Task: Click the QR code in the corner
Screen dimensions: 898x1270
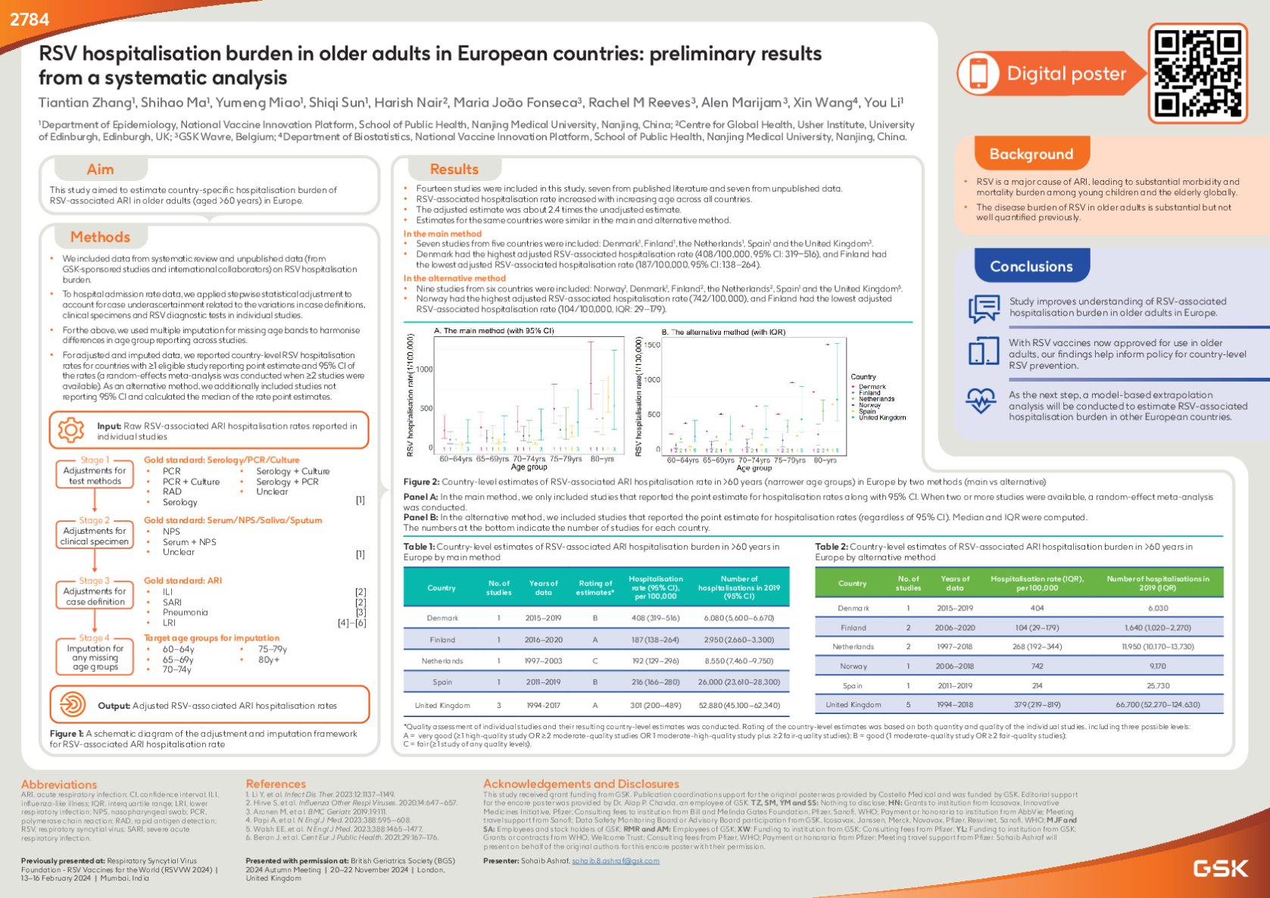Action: pos(1197,73)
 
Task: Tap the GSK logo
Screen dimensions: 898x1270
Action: pos(1220,868)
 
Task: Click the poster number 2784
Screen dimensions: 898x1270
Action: pos(30,20)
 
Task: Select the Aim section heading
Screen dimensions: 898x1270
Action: pos(100,170)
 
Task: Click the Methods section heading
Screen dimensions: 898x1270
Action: pos(100,237)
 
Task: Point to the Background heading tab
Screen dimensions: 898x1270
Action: pos(1031,154)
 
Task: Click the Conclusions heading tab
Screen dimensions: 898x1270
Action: pos(1031,267)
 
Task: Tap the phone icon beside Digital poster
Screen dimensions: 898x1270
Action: pos(978,73)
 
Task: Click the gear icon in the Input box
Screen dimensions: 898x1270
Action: pos(70,430)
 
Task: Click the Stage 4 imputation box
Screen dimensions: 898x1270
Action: pos(95,657)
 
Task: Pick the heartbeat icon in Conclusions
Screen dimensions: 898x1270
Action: pos(981,401)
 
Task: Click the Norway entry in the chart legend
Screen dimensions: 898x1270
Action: pos(869,405)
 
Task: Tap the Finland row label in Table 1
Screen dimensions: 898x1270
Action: pos(442,640)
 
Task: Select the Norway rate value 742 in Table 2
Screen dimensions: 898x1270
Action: pos(1037,666)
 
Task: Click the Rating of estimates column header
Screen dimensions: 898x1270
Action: pos(595,588)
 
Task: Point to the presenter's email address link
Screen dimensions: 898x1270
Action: pos(615,861)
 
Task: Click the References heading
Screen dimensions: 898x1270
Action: pos(276,784)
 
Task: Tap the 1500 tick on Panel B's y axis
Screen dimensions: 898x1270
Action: pos(652,345)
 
